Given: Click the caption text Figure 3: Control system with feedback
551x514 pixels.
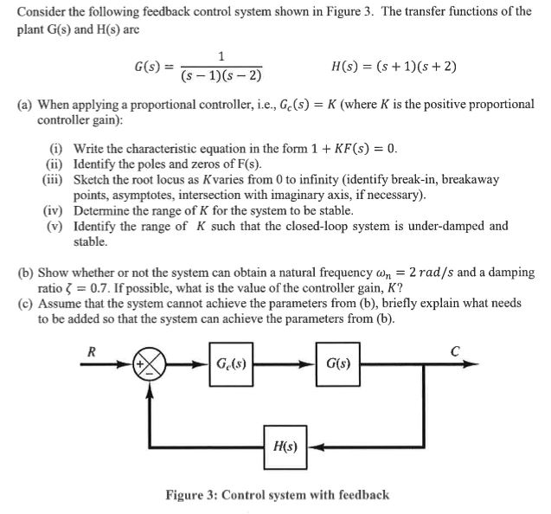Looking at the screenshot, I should [277, 495].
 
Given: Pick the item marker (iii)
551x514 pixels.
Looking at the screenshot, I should [54, 179].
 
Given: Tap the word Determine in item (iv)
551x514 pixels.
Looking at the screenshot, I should [101, 210].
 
